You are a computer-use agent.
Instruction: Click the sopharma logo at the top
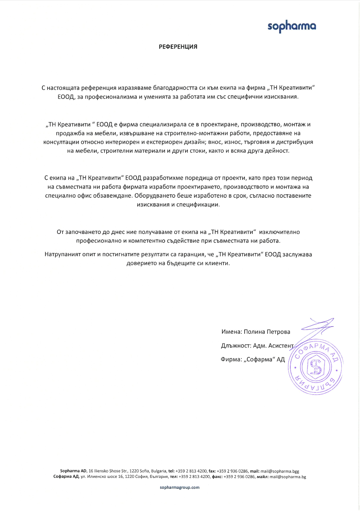pyautogui.click(x=292, y=26)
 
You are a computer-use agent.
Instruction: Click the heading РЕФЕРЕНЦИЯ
pyautogui.click(x=178, y=47)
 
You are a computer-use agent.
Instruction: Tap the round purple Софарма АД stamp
pyautogui.click(x=316, y=368)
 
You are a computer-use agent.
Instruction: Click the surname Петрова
pyautogui.click(x=278, y=332)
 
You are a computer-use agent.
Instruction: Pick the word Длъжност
pyautogui.click(x=236, y=346)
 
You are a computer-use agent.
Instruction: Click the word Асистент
pyautogui.click(x=281, y=346)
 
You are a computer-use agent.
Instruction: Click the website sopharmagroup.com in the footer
pyautogui.click(x=180, y=487)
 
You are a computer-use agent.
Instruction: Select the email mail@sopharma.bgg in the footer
pyautogui.click(x=280, y=471)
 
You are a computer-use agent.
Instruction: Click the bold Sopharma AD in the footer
pyautogui.click(x=73, y=471)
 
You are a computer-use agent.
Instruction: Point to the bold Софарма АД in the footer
pyautogui.click(x=66, y=476)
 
